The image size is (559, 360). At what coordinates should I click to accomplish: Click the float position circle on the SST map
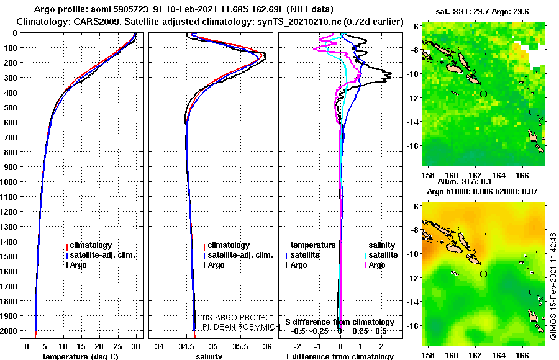coord(483,94)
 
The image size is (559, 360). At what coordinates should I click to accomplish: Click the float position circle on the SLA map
coord(483,274)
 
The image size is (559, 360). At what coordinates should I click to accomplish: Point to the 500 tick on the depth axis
coord(11,107)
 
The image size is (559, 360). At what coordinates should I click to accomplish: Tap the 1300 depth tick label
coord(9,227)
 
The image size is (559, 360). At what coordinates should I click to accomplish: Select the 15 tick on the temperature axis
coord(81,347)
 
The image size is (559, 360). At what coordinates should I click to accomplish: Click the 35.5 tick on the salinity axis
coord(240,347)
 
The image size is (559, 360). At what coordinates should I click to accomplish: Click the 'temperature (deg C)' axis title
coord(80,356)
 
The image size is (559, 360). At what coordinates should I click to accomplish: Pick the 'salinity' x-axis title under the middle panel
coord(209,356)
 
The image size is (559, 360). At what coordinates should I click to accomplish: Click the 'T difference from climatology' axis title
coord(339,356)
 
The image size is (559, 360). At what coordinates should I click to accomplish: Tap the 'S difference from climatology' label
coord(340,322)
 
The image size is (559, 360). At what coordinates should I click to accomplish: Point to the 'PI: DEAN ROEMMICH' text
coord(242,326)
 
